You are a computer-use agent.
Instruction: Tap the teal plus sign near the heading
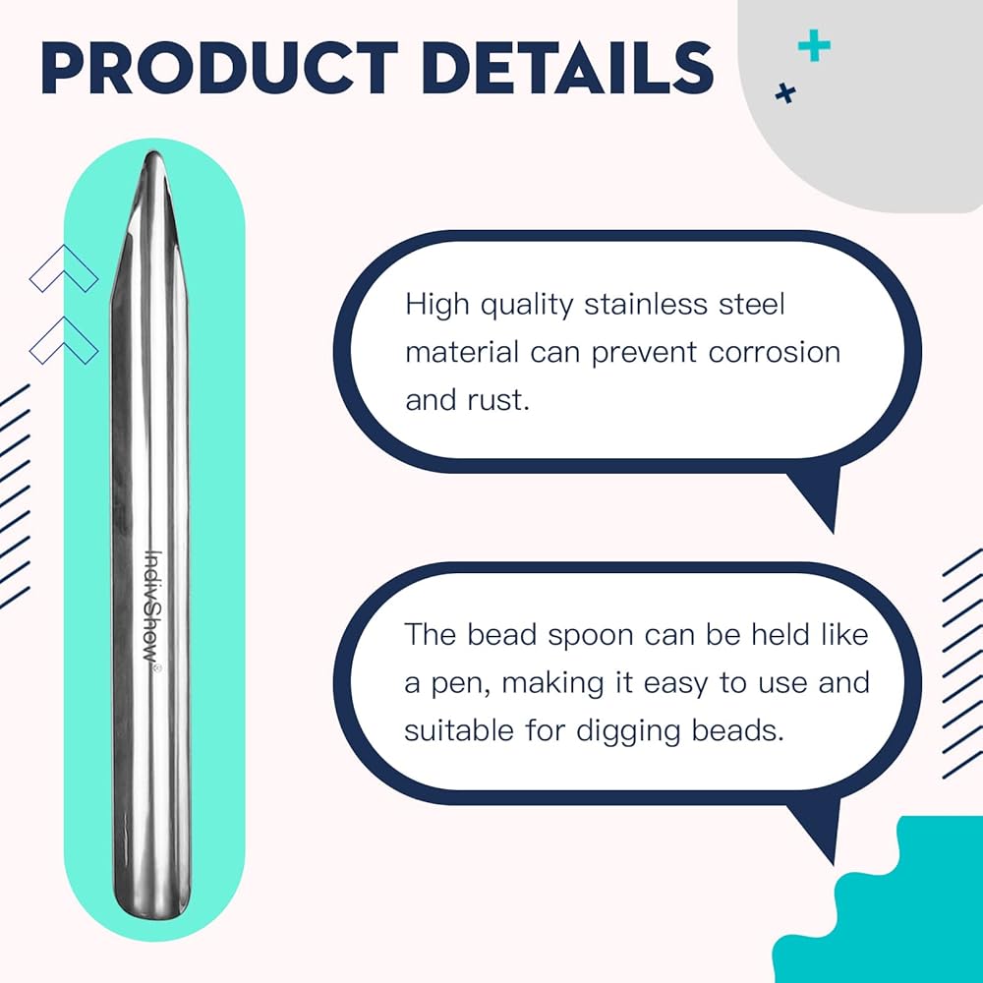pyautogui.click(x=814, y=45)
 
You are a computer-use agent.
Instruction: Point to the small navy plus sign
pyautogui.click(x=784, y=93)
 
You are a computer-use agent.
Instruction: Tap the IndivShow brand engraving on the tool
pyautogui.click(x=152, y=611)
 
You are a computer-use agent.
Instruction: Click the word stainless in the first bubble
pyautogui.click(x=645, y=305)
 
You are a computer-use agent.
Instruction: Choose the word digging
pyautogui.click(x=628, y=731)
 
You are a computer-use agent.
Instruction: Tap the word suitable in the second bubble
pyautogui.click(x=459, y=730)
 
